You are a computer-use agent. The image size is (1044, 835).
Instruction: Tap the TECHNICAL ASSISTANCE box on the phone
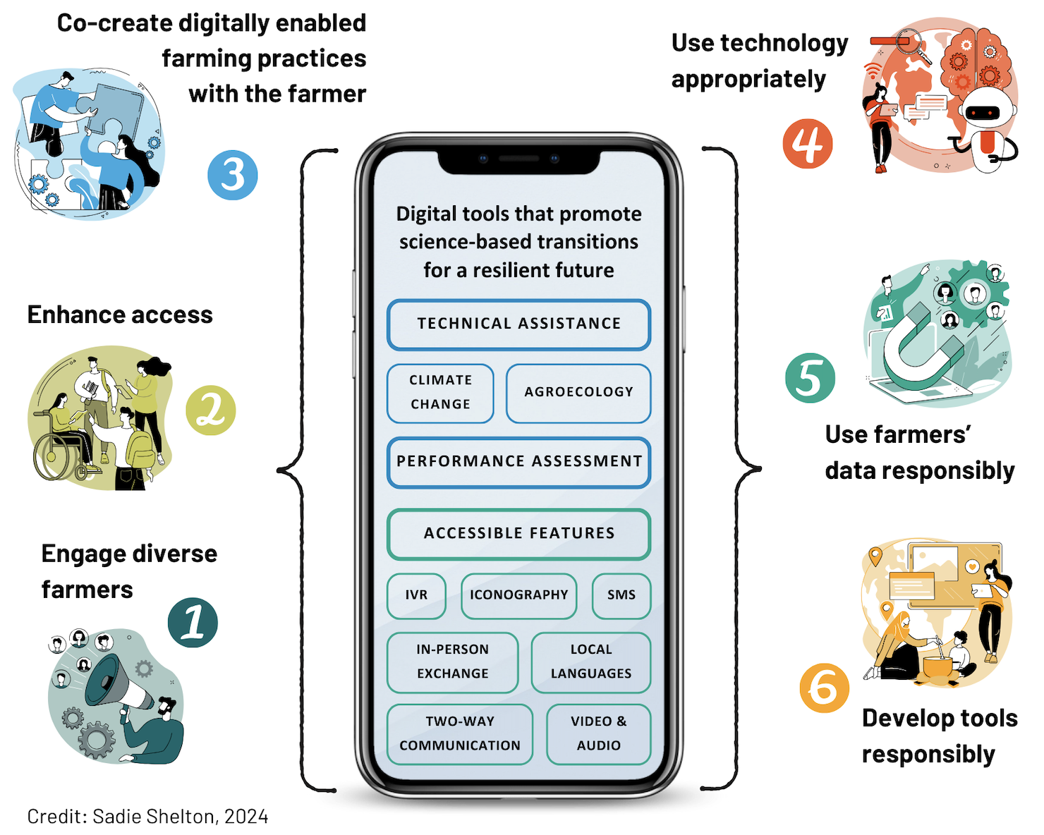(x=518, y=324)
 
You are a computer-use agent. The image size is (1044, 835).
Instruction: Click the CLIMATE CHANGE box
(x=440, y=393)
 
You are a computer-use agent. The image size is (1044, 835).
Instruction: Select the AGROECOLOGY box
(x=578, y=393)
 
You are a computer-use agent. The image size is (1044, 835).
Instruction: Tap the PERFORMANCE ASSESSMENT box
(x=518, y=462)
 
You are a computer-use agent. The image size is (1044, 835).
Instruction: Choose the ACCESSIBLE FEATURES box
(x=518, y=534)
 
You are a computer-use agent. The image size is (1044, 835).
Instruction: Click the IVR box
(x=416, y=596)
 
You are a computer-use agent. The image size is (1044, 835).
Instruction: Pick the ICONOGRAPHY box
(x=518, y=596)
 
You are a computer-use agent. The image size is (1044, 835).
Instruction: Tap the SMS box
(x=621, y=596)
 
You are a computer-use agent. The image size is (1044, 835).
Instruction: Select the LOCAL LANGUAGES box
(x=590, y=662)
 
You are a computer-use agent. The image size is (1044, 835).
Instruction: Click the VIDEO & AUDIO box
(x=598, y=734)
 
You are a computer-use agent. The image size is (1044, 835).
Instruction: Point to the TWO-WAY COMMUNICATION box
(x=460, y=734)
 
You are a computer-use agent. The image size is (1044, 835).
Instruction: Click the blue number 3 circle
(x=233, y=175)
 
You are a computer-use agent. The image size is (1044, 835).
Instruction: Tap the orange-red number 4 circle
(x=808, y=144)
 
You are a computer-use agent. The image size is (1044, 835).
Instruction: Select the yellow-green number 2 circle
(x=210, y=410)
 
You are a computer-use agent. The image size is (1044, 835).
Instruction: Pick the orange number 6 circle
(x=824, y=688)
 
